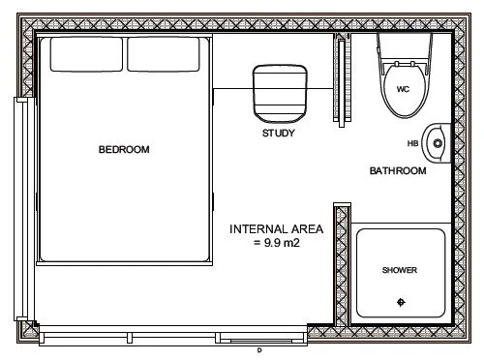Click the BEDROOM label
click(124, 149)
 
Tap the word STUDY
click(278, 134)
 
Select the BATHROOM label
click(398, 171)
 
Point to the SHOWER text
click(400, 270)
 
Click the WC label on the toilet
click(404, 88)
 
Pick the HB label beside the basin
click(412, 144)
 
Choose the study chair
click(278, 92)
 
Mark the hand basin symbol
click(438, 143)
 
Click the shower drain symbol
click(402, 304)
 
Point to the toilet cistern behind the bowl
click(404, 45)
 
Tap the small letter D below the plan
click(259, 350)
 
